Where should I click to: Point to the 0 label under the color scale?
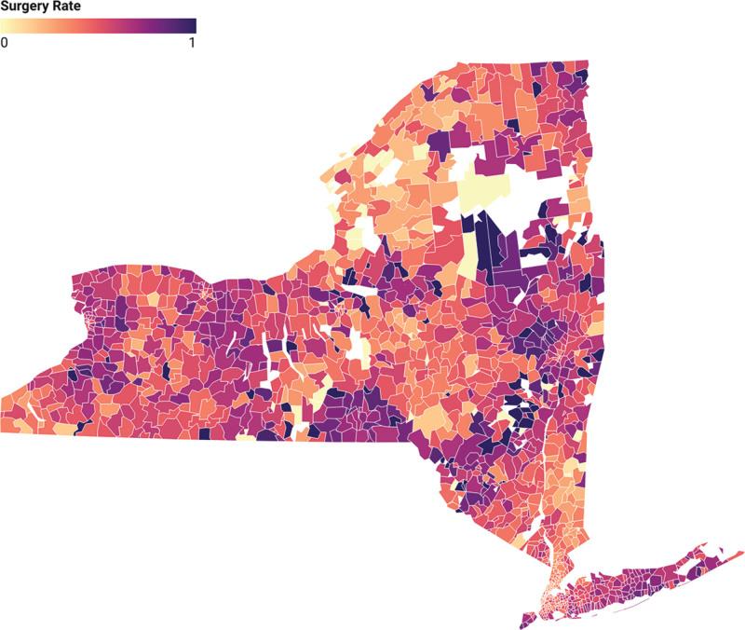coord(5,43)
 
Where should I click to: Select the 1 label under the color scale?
coord(192,43)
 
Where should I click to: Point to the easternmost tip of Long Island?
coord(739,551)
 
